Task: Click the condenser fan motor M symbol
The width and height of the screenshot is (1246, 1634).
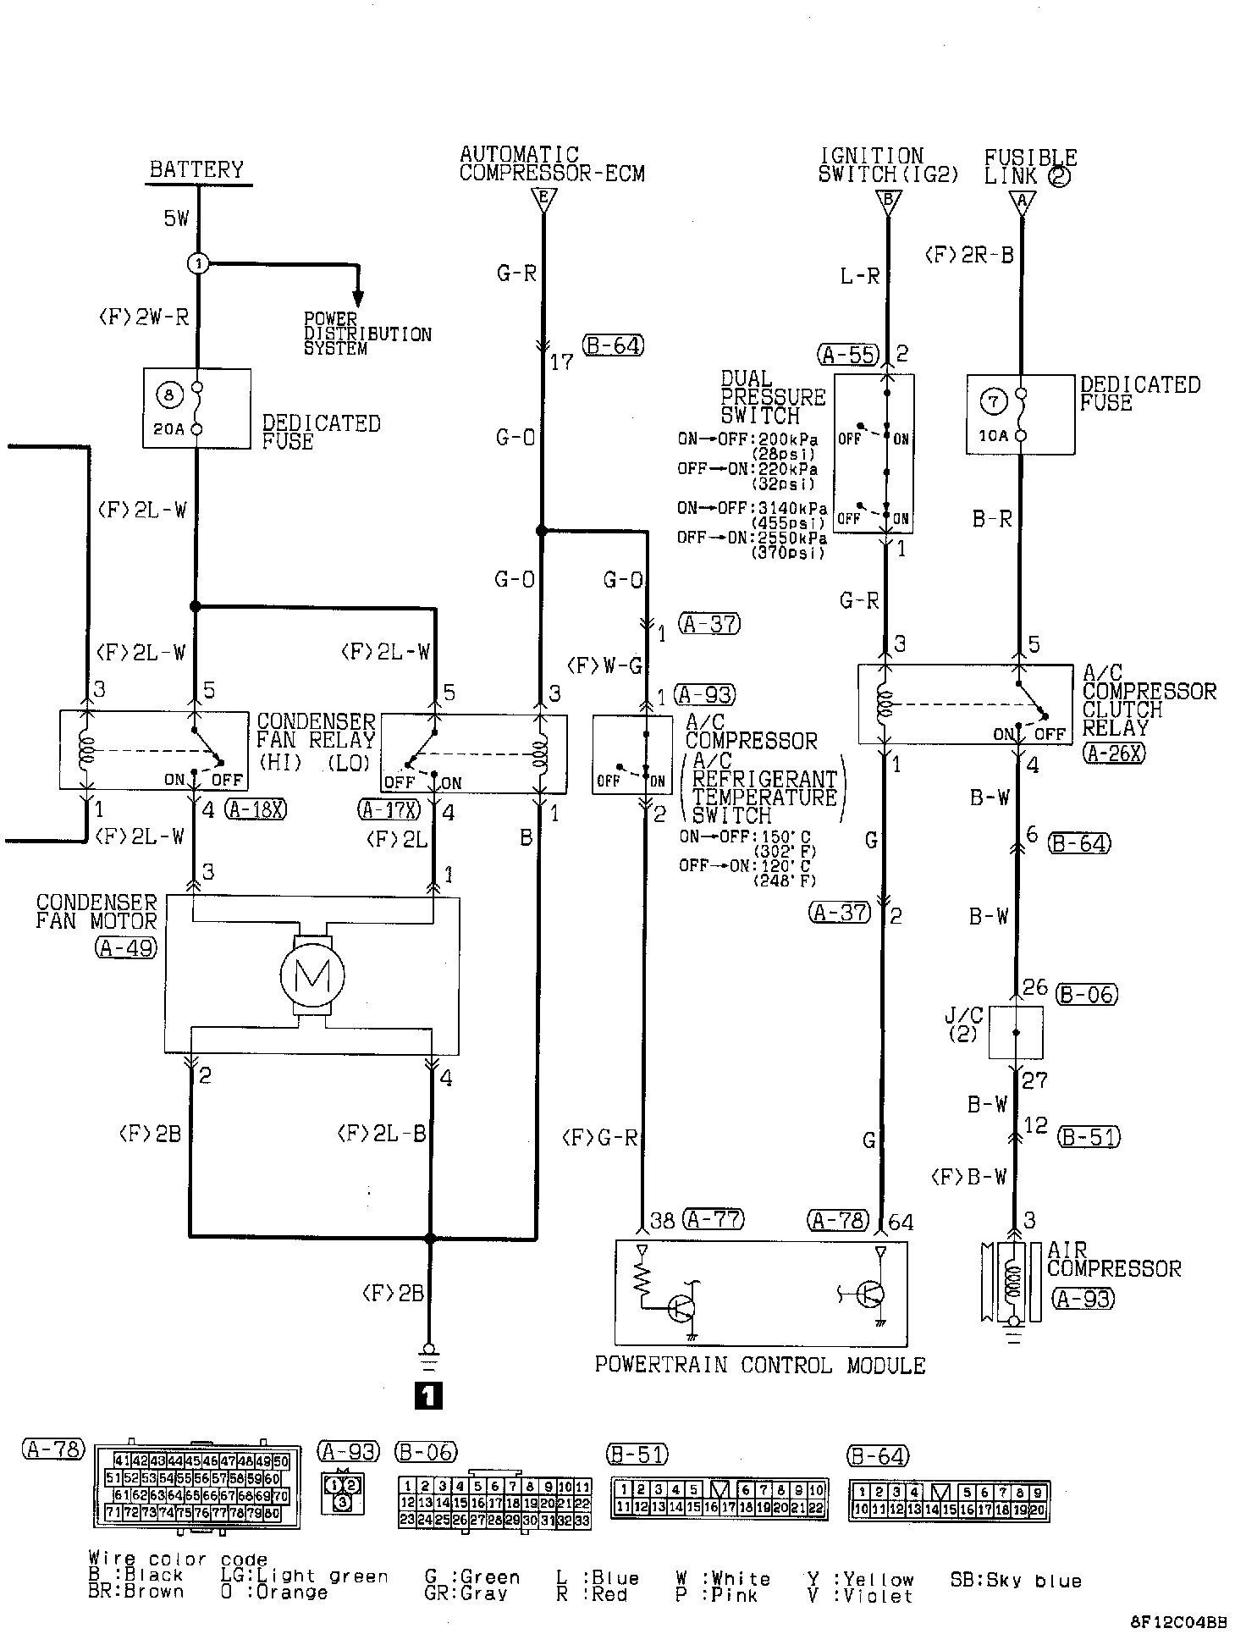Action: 312,976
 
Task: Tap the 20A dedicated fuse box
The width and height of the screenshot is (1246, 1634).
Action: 196,408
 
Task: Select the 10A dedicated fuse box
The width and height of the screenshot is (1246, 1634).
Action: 1020,416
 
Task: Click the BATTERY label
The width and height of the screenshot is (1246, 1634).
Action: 196,169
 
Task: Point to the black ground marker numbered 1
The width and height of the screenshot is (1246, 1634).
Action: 428,1394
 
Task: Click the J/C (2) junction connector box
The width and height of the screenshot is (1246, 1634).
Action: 1016,1032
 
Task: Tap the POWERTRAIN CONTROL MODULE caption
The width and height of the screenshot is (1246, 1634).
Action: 759,1365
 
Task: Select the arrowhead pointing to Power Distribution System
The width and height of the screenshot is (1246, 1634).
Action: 358,298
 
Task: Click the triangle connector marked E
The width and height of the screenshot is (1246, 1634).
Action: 543,201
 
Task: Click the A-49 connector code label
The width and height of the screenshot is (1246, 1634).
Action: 126,947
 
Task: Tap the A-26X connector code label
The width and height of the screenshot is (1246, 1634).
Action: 1113,753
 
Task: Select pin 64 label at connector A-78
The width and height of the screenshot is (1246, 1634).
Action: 900,1222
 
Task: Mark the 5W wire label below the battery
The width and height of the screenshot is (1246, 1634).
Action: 176,218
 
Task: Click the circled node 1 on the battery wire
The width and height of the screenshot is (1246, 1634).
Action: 197,264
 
